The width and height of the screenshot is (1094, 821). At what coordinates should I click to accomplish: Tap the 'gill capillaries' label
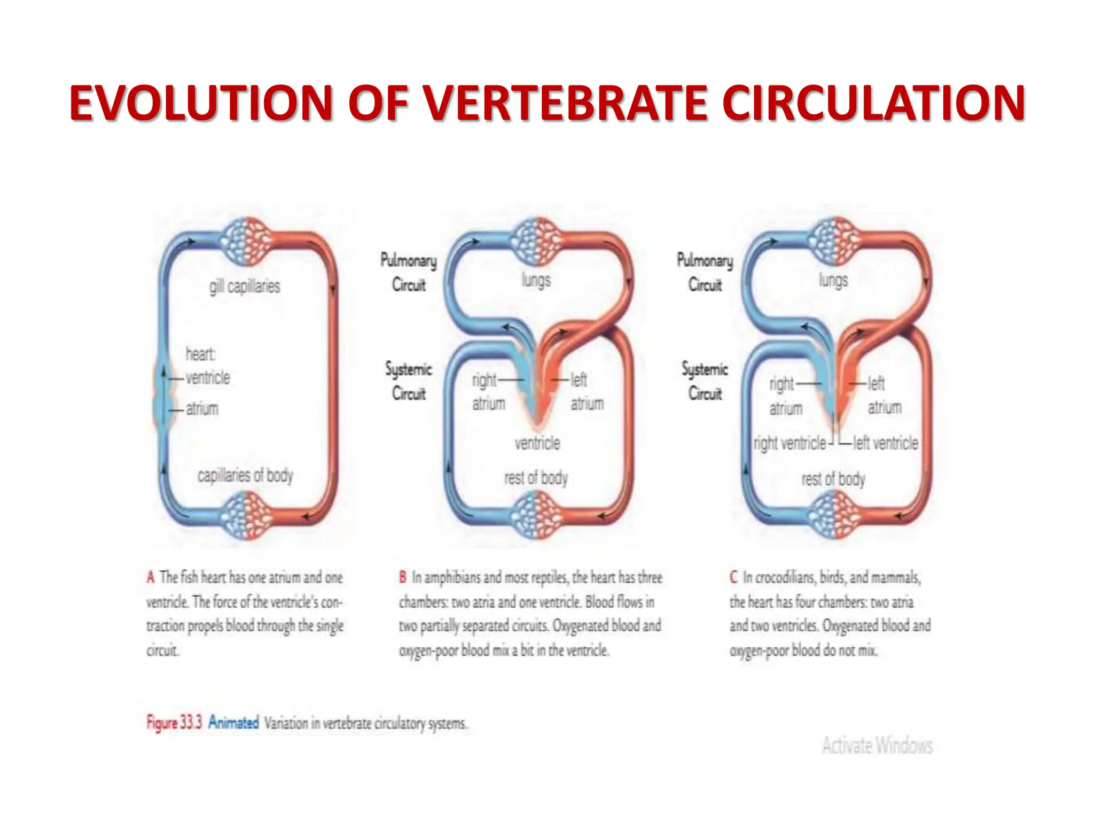[245, 286]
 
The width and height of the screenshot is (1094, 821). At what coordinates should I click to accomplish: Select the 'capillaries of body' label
[245, 475]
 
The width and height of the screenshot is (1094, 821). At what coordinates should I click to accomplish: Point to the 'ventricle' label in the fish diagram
[208, 378]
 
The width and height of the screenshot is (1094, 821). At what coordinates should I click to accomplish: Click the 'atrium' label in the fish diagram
[202, 409]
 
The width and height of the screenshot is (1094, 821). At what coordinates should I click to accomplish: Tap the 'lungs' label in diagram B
[536, 280]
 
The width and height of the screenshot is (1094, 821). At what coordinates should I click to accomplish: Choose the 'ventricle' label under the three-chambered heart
[537, 443]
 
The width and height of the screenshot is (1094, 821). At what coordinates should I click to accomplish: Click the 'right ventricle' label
[790, 443]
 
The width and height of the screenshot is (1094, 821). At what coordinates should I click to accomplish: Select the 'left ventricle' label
[885, 443]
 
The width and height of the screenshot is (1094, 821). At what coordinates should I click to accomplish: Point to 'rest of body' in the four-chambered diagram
[833, 479]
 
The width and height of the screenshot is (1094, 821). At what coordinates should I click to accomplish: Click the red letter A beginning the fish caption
[151, 577]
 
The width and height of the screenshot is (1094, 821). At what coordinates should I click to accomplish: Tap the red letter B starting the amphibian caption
[403, 577]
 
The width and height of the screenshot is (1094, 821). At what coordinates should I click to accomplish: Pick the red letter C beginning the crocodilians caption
[733, 577]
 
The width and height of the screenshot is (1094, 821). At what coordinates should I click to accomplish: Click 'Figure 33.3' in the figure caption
[174, 723]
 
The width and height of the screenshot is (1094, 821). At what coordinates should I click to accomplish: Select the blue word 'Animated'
[233, 723]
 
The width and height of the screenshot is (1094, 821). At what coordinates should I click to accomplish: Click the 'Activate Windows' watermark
[877, 745]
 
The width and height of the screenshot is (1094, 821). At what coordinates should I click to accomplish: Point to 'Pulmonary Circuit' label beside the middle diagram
[409, 273]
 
